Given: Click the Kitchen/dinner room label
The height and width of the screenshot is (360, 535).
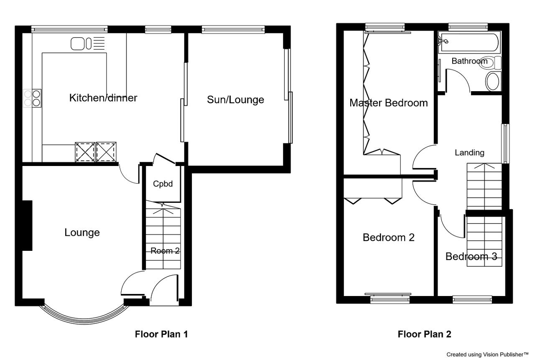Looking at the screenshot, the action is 103,98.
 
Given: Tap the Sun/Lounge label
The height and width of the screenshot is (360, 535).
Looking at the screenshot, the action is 235,100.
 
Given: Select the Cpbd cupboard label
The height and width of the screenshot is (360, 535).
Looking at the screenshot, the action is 163,184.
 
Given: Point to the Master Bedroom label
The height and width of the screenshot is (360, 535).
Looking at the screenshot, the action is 389,103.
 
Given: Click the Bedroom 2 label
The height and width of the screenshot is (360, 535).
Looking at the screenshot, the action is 389,237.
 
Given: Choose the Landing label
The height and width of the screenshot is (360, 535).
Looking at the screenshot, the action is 469,153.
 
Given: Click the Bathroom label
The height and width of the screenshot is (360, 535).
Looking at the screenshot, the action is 469,61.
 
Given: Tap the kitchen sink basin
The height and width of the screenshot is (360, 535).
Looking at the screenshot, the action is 78,44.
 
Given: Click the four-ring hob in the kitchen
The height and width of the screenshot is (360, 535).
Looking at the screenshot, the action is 32,98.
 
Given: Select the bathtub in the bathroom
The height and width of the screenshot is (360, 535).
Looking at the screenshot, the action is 469,43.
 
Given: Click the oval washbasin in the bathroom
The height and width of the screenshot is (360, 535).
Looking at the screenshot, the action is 492,82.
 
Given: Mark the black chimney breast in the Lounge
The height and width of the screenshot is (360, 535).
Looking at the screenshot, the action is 27,226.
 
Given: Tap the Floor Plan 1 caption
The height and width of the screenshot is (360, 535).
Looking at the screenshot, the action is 161,334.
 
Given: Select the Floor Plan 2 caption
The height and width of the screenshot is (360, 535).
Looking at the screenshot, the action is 424,334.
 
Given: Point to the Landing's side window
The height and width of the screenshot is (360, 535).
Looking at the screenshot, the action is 505,143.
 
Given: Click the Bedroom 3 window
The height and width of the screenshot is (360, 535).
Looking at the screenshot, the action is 472,299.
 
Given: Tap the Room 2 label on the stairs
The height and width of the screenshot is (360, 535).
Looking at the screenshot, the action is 165,251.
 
